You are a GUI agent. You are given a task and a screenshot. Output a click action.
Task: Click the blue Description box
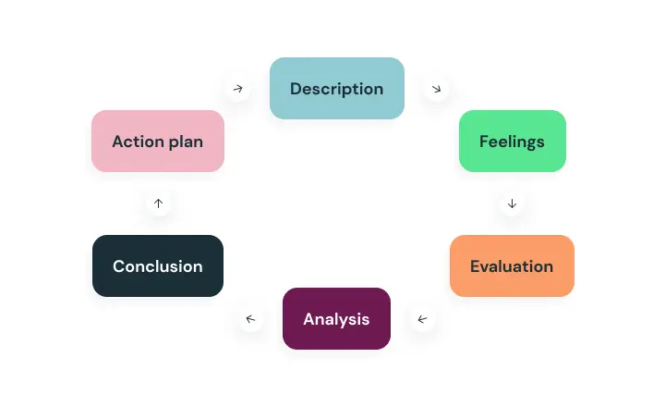pyautogui.click(x=337, y=89)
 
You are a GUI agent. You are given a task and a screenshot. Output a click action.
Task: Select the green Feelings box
pyautogui.click(x=513, y=141)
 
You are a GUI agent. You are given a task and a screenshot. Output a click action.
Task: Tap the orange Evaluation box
pyautogui.click(x=512, y=266)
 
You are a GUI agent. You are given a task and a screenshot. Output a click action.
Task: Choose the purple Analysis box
pyautogui.click(x=337, y=318)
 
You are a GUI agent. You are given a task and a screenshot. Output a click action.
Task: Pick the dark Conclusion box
pyautogui.click(x=158, y=266)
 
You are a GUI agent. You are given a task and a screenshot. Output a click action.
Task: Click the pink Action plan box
pyautogui.click(x=158, y=141)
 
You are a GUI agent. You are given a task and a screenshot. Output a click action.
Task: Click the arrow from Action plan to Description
pyautogui.click(x=238, y=89)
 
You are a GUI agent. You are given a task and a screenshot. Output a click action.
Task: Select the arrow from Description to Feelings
pyautogui.click(x=436, y=89)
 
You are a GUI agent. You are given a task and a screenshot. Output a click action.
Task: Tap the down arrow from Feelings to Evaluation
pyautogui.click(x=512, y=203)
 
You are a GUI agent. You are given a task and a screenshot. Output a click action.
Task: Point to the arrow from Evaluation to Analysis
pyautogui.click(x=422, y=319)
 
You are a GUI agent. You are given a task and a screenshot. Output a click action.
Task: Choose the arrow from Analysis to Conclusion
pyautogui.click(x=250, y=318)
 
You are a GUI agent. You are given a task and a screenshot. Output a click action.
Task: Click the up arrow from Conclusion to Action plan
pyautogui.click(x=158, y=203)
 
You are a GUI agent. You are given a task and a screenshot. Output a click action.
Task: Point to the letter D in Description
pyautogui.click(x=296, y=89)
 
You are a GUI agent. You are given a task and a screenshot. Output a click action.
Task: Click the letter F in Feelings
pyautogui.click(x=484, y=142)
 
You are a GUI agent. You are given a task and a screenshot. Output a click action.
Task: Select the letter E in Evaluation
pyautogui.click(x=475, y=266)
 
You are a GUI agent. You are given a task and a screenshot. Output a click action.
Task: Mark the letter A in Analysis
pyautogui.click(x=309, y=319)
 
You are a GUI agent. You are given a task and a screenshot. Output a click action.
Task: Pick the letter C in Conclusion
pyautogui.click(x=119, y=266)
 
